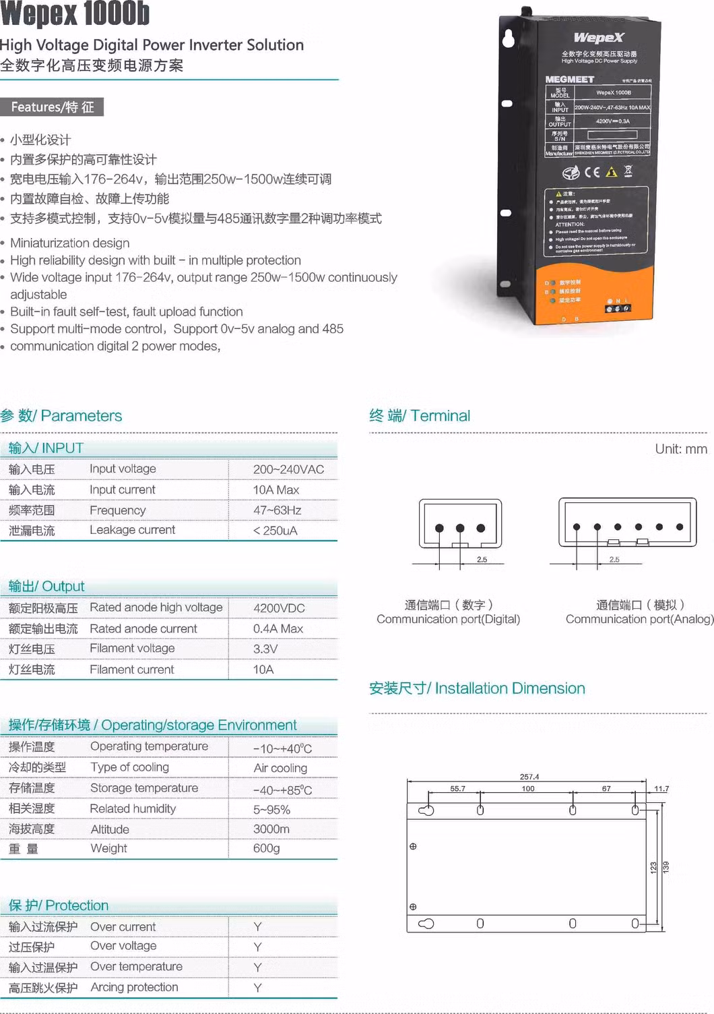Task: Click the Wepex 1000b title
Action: click(x=75, y=13)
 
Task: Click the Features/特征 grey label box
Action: click(x=52, y=107)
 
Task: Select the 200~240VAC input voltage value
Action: click(x=288, y=469)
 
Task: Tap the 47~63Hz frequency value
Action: click(x=277, y=510)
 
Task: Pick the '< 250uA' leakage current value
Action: click(x=275, y=531)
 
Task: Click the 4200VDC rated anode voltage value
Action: click(x=279, y=608)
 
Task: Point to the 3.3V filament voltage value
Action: click(x=265, y=649)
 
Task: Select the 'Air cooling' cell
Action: click(x=280, y=768)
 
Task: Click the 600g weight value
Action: click(x=266, y=848)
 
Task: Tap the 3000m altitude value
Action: click(x=271, y=829)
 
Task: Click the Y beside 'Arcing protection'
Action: click(x=257, y=988)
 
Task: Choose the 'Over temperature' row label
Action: click(x=136, y=967)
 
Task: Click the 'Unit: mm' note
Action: click(x=681, y=449)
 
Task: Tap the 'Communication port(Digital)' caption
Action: click(x=448, y=619)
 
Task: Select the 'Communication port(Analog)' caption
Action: click(x=639, y=619)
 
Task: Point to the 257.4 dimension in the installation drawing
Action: click(x=529, y=777)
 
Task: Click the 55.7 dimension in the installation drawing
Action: click(x=457, y=788)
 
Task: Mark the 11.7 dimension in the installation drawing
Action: click(x=661, y=788)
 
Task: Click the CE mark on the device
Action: click(x=591, y=172)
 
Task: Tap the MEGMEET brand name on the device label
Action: click(x=569, y=80)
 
